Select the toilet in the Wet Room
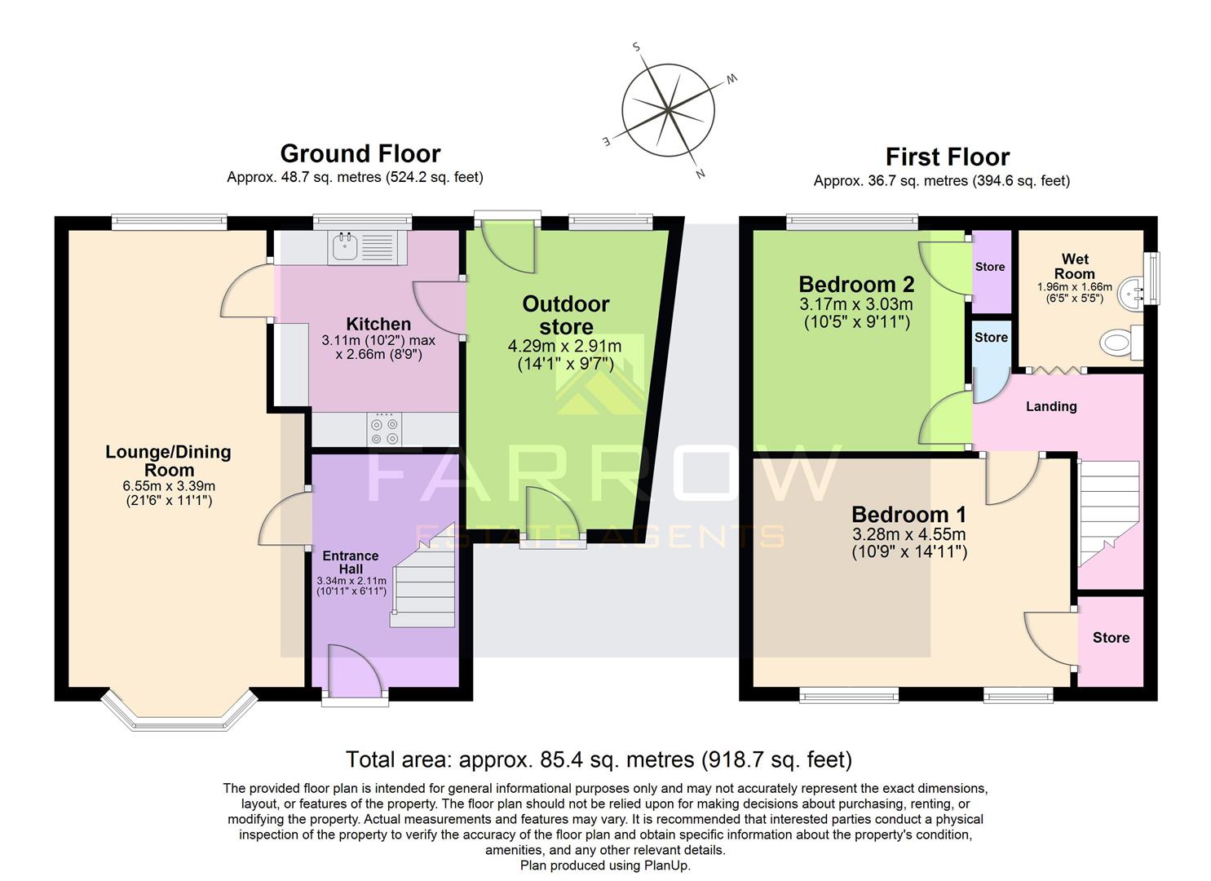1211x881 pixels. click(1120, 343)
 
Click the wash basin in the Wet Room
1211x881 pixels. click(1134, 289)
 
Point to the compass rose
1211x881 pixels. click(668, 110)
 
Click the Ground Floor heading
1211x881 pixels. click(360, 153)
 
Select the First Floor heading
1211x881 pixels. click(947, 157)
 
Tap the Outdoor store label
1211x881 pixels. click(566, 315)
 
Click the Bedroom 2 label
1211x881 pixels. click(855, 285)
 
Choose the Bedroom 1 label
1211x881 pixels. click(908, 515)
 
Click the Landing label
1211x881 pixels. click(1050, 406)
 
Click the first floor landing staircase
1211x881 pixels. click(1108, 514)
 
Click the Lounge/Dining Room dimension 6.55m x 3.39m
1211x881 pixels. click(169, 486)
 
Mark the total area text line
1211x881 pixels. click(599, 759)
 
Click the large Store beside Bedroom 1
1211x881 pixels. click(1110, 639)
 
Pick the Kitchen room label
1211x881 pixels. click(378, 324)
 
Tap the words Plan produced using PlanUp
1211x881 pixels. click(604, 866)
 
